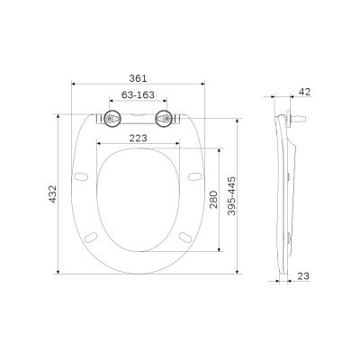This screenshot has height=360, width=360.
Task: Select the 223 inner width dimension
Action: pyautogui.click(x=138, y=138)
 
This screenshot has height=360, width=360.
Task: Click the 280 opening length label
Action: pyautogui.click(x=212, y=199)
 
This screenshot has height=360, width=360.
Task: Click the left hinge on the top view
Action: pyautogui.click(x=112, y=118)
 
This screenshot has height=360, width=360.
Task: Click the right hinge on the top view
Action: pyautogui.click(x=165, y=118)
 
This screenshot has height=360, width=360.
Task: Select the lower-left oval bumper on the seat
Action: pyautogui.click(x=93, y=237)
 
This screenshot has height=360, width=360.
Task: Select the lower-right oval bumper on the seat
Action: pyautogui.click(x=184, y=237)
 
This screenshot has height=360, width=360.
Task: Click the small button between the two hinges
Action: pyautogui.click(x=138, y=114)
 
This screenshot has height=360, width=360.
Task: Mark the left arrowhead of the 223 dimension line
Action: pyautogui.click(x=96, y=144)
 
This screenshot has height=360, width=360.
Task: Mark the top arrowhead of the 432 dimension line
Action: pyautogui.click(x=58, y=113)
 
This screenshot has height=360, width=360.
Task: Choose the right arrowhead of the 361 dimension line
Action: pyautogui.click(x=205, y=86)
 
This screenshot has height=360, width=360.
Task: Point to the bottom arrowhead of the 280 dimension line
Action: pyautogui.click(x=219, y=249)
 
